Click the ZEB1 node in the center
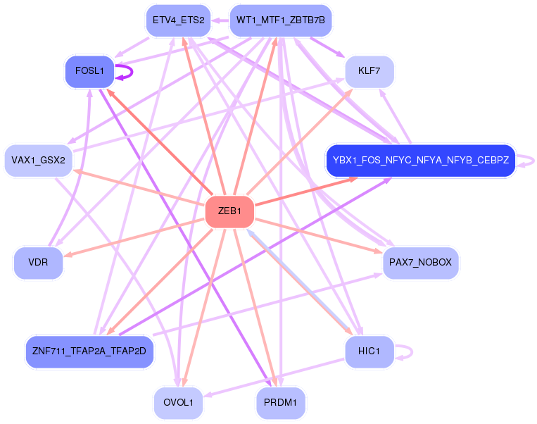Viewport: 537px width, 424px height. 229,211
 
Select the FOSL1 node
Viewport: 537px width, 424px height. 89,71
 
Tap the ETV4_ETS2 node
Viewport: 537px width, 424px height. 178,20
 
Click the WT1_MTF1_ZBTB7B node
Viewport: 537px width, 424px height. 281,20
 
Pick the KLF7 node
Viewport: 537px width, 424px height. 369,72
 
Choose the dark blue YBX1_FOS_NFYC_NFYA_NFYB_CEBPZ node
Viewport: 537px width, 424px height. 420,161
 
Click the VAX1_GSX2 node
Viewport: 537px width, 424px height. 38,161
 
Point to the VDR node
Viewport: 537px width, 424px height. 38,263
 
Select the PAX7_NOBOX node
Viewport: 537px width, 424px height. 421,263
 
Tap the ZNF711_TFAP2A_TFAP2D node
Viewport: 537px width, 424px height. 89,351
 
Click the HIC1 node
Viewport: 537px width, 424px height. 369,351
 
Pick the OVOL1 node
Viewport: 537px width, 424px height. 178,403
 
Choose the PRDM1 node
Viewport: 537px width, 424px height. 281,403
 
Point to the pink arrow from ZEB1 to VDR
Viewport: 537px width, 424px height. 134,237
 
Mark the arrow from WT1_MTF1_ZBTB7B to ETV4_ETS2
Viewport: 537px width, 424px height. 220,20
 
